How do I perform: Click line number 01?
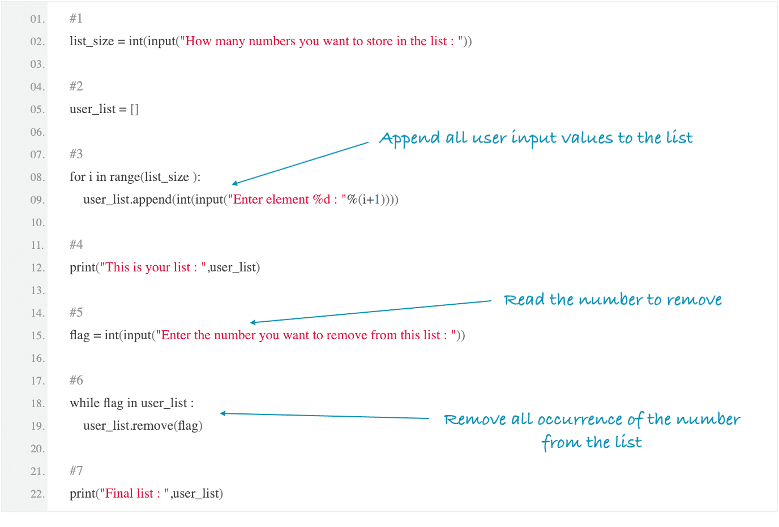(37, 19)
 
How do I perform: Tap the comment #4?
(76, 244)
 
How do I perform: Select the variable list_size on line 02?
(92, 41)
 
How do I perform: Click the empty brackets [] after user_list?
(134, 109)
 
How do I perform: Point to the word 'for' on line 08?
(78, 177)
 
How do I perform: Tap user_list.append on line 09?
(127, 200)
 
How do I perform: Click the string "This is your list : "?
(153, 267)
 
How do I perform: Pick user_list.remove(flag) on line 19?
(143, 426)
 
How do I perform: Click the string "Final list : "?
(135, 494)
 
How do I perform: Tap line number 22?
(37, 494)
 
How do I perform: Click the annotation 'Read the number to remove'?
(613, 300)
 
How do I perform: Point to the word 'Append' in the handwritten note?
(409, 139)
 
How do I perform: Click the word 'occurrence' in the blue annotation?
(580, 420)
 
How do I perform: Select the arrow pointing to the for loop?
(300, 163)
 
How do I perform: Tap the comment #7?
(76, 470)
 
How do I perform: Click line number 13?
(37, 291)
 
